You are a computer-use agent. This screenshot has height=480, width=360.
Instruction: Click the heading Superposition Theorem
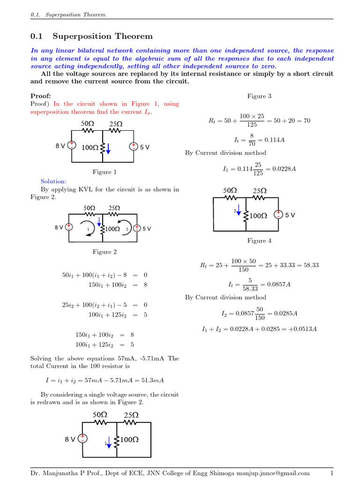coord(103,36)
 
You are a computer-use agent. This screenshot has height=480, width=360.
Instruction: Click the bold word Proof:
coord(40,96)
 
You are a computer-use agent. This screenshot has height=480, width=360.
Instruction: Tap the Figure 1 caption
coord(105,172)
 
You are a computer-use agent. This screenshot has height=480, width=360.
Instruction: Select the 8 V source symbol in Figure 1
coord(72,145)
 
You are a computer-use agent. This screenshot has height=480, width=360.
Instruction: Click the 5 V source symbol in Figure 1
coord(133,146)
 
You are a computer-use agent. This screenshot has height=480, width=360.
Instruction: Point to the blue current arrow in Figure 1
coord(108,148)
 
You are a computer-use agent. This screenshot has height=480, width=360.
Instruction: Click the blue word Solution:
coord(53,181)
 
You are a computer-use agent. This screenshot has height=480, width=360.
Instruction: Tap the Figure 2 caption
coord(105,252)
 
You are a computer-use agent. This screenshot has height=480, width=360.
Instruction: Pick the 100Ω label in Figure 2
coord(112,229)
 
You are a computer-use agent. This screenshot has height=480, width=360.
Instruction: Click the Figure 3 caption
coord(259,96)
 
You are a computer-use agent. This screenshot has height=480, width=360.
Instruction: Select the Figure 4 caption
coord(259,240)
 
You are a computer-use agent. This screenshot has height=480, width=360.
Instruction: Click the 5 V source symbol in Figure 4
coord(278,215)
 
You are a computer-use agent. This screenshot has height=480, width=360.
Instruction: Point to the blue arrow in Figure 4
coord(239,209)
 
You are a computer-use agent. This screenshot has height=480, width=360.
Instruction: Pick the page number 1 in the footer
coord(331,473)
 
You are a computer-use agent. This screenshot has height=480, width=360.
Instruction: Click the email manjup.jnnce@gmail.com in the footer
coord(271,473)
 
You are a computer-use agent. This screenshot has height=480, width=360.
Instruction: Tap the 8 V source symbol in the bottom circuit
coord(82,439)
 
